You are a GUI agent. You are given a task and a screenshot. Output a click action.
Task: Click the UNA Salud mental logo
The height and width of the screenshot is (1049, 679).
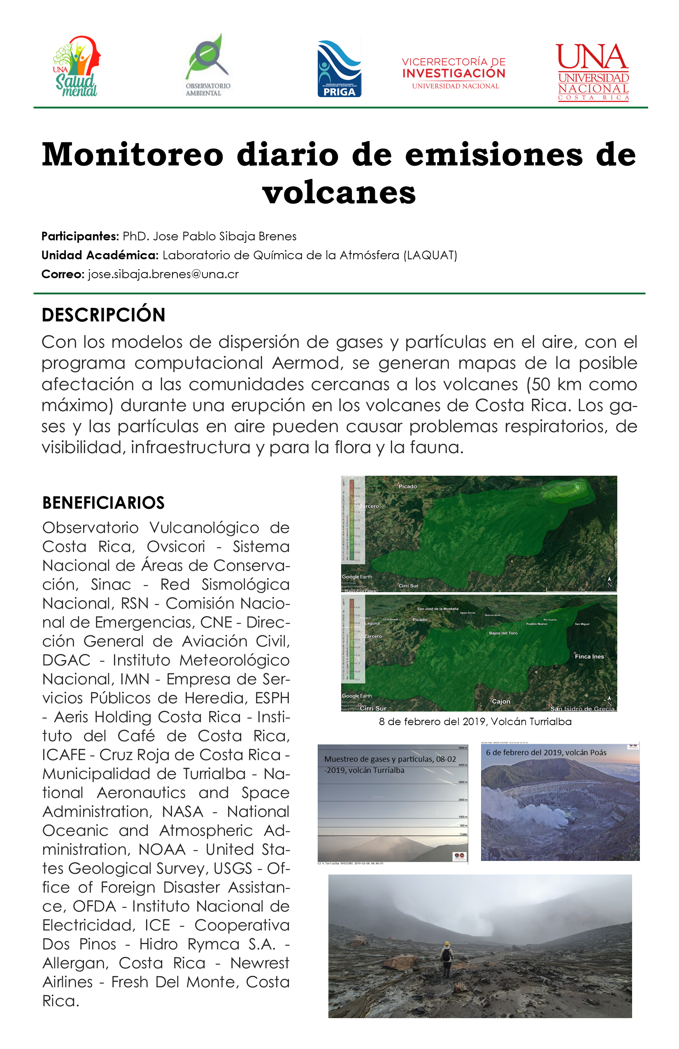77,67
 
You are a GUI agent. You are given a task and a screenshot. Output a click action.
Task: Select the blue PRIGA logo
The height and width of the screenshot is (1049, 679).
339,68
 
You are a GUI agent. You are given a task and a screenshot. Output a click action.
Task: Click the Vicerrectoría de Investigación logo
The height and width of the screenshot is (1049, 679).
453,73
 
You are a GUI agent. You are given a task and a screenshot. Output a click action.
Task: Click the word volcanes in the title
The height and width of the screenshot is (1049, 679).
339,192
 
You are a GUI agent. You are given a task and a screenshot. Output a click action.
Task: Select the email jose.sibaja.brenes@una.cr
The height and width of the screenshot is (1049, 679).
163,274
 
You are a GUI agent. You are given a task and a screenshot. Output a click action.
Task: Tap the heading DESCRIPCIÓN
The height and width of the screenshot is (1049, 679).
104,315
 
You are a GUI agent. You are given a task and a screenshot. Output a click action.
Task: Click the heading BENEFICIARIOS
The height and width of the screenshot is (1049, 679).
103,502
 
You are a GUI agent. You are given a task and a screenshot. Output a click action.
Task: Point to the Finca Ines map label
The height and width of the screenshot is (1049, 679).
589,656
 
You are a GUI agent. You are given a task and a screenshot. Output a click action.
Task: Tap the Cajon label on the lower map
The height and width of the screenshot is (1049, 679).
501,701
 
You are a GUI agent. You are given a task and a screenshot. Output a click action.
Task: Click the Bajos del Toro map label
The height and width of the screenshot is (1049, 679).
503,633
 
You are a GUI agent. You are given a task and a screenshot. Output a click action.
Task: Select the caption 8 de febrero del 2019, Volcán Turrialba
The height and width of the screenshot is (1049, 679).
475,721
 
